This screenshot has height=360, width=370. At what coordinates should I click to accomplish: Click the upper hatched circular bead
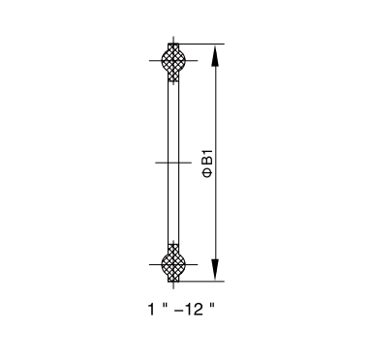click(173, 60)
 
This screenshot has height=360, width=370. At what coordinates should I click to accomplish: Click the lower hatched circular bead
click(173, 264)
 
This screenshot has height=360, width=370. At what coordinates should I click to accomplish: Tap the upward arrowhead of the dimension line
click(215, 56)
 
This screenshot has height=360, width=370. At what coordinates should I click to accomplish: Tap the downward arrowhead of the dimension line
click(215, 269)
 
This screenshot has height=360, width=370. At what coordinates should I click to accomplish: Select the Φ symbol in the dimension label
click(207, 173)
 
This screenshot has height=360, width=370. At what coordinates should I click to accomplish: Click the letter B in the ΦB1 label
click(207, 163)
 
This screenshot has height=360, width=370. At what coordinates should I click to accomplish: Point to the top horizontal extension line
click(201, 44)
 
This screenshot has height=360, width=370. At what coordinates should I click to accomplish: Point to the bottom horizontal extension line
click(201, 282)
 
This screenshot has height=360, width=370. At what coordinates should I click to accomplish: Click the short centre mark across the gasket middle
click(173, 163)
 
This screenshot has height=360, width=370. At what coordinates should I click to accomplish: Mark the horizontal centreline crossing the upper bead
click(173, 60)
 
